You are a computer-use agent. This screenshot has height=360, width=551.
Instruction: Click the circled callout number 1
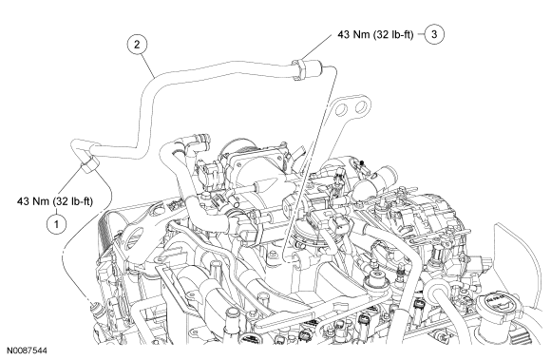56,222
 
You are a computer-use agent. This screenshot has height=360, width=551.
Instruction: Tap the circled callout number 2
137,45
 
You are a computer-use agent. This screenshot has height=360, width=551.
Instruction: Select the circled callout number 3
434,34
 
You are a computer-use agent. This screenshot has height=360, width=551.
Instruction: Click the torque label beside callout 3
375,34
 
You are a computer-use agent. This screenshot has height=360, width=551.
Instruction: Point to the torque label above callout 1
55,201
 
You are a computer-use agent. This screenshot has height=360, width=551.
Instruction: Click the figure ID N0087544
27,351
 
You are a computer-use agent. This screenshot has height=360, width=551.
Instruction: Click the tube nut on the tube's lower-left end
89,163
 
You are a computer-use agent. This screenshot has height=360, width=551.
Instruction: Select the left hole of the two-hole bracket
341,109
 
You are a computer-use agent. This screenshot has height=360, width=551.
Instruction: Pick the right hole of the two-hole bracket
361,107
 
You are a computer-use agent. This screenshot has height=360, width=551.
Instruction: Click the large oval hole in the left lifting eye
134,237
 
